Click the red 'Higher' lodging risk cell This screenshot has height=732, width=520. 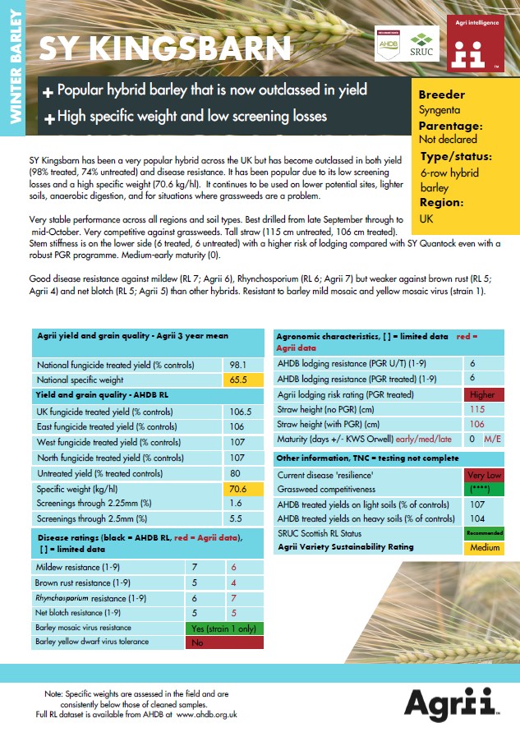click(x=483, y=394)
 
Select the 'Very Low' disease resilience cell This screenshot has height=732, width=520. click(x=483, y=475)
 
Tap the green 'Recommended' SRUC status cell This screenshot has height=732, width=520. click(x=483, y=533)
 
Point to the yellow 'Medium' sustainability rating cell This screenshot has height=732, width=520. click(x=483, y=548)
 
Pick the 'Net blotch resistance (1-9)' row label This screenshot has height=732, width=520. click(x=87, y=612)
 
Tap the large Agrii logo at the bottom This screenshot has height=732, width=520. click(x=449, y=703)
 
